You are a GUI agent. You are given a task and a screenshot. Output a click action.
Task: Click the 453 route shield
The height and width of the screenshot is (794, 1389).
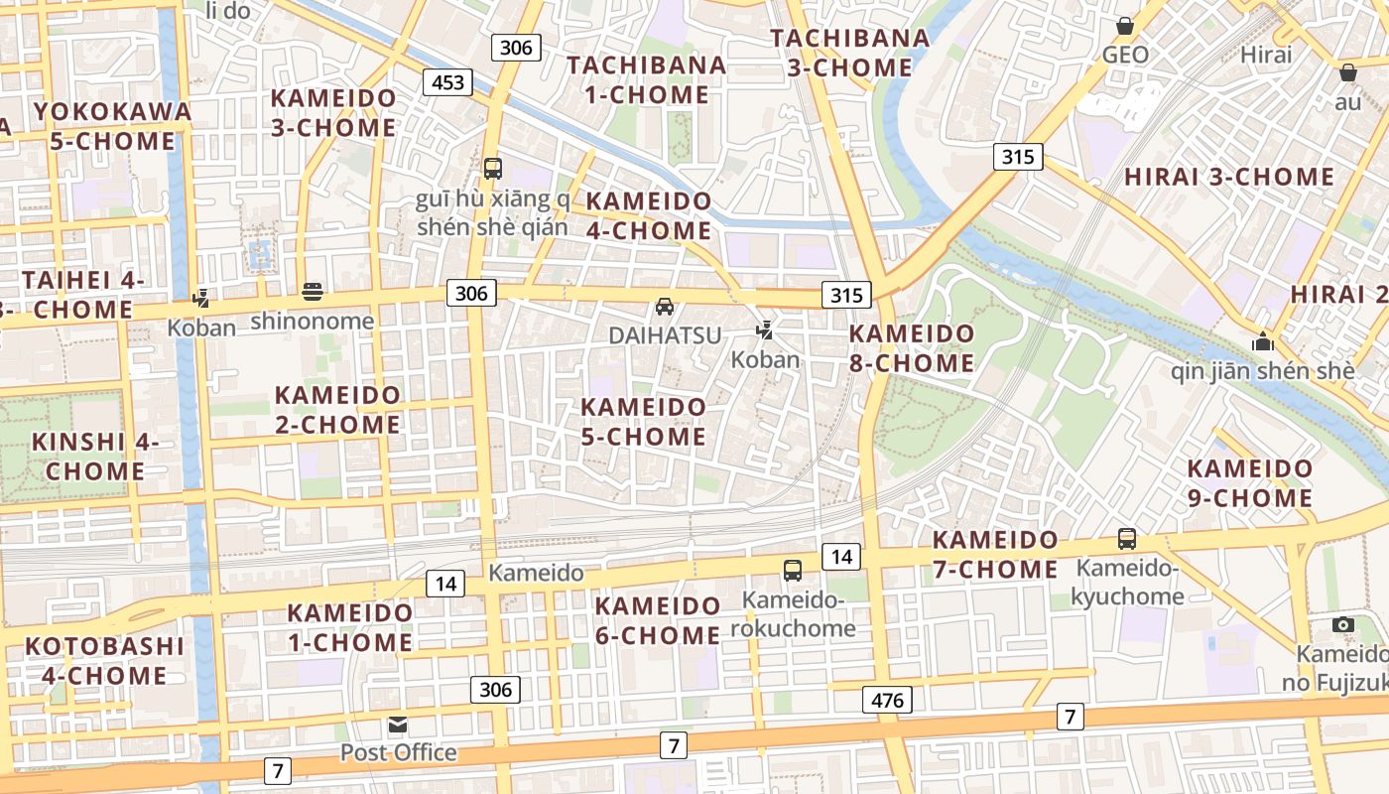(x=448, y=82)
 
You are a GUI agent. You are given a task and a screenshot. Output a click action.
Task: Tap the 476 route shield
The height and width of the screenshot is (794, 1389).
(x=887, y=701)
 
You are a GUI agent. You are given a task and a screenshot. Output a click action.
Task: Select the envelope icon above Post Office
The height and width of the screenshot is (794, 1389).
(x=398, y=726)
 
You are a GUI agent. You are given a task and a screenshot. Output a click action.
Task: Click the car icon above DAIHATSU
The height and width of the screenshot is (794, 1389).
(x=665, y=307)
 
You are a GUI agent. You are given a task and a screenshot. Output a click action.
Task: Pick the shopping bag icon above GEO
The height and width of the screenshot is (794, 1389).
(x=1125, y=25)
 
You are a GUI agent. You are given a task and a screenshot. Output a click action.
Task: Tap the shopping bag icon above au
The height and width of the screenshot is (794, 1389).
(x=1348, y=72)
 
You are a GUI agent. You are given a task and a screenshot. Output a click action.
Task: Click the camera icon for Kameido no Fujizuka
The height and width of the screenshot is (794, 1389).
(x=1343, y=624)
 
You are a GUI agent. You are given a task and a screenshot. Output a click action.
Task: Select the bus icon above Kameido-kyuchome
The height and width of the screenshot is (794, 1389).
(x=1127, y=539)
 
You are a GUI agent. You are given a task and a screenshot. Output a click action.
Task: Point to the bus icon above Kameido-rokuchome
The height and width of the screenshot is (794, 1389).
(x=793, y=570)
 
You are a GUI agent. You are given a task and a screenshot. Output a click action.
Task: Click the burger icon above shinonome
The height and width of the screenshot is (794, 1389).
(x=313, y=292)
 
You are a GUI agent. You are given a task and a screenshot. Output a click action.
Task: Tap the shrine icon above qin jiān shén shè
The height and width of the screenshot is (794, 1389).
(x=1263, y=342)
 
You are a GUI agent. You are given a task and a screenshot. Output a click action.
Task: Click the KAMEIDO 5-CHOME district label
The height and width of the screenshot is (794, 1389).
(x=644, y=422)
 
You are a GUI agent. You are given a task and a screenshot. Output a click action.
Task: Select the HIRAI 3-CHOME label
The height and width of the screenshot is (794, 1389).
(x=1229, y=178)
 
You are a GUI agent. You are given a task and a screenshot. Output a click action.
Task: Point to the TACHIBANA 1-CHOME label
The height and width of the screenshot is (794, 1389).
(x=646, y=80)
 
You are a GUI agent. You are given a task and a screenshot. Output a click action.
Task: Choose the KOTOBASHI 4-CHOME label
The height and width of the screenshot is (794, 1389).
(x=104, y=661)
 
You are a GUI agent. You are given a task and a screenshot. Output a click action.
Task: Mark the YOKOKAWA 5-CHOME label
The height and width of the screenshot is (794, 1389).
(x=112, y=126)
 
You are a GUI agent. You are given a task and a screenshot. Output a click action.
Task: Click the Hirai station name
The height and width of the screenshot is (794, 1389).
(x=1266, y=55)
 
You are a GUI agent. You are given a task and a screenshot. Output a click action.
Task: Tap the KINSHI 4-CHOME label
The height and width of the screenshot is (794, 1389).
(x=95, y=457)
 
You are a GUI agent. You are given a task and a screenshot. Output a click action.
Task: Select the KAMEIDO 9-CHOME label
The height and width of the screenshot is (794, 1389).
(x=1250, y=483)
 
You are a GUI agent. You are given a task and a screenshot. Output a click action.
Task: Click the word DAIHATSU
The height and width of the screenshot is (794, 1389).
(x=665, y=335)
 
